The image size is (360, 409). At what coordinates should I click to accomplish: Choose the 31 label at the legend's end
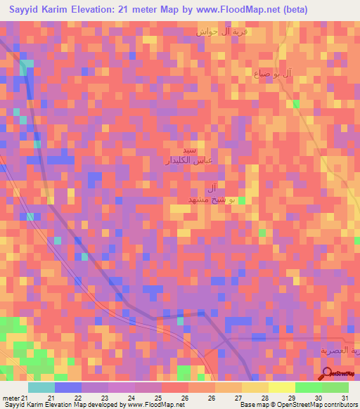345,398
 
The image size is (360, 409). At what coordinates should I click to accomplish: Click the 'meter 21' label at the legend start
15,398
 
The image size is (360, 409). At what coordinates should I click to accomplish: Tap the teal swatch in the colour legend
41,387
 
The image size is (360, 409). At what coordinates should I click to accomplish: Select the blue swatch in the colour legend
67,387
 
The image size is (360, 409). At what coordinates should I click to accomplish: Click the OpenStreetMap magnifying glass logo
328,375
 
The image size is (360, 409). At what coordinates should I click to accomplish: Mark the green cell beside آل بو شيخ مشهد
241,201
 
